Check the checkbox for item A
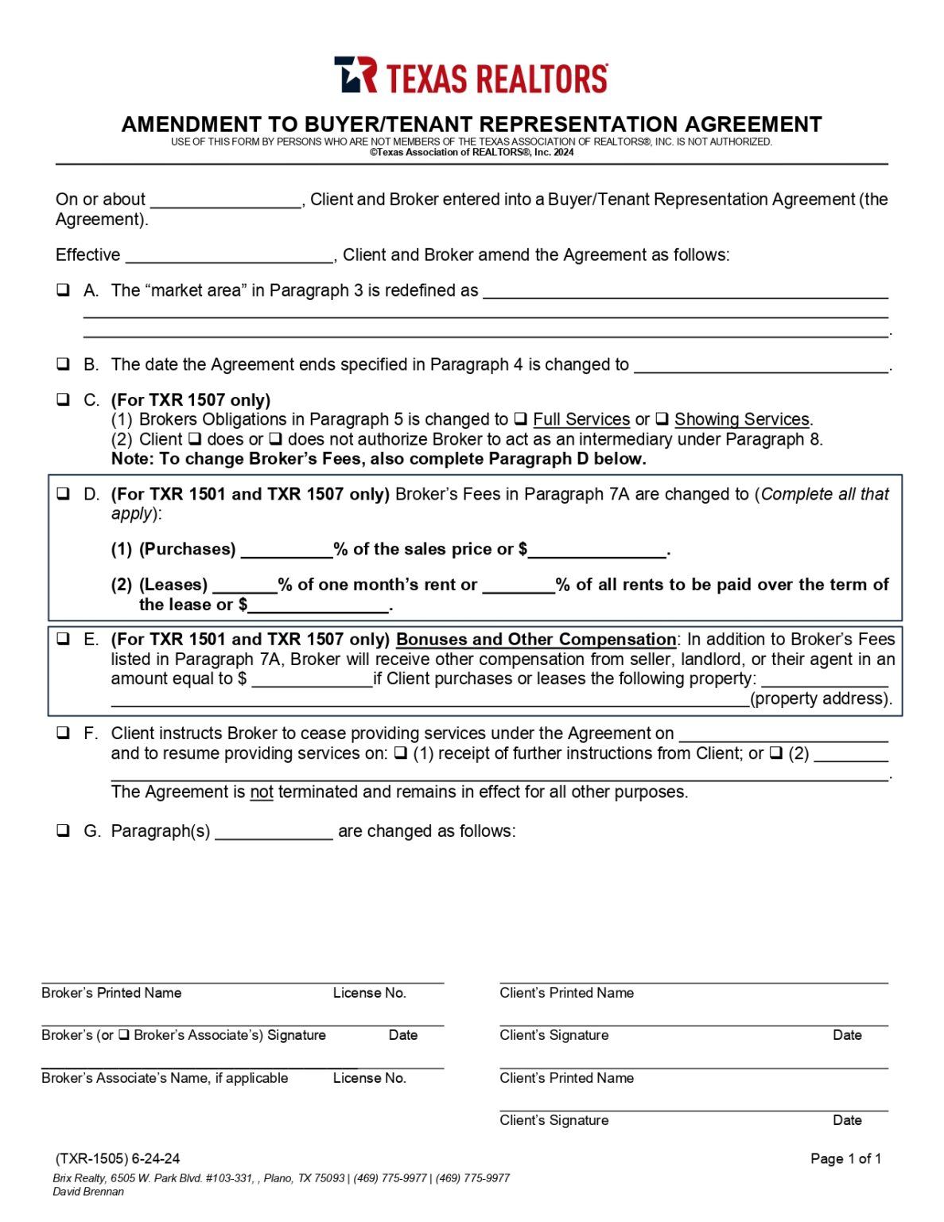pos(63,290)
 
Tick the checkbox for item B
pos(63,364)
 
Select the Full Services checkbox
pos(520,418)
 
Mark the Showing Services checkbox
pos(662,418)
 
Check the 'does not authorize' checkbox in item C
pos(275,438)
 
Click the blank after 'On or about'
pos(226,200)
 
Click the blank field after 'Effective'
pos(229,255)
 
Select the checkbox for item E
pos(63,639)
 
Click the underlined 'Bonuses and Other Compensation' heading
pos(535,640)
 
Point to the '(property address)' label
pos(821,699)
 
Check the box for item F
pos(63,733)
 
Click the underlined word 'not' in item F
pos(261,792)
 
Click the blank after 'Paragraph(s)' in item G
pos(274,831)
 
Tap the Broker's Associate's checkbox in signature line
pos(124,1035)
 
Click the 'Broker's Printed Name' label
pos(111,993)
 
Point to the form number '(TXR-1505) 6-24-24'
pos(118,1158)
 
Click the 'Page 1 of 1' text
pos(845,1158)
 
